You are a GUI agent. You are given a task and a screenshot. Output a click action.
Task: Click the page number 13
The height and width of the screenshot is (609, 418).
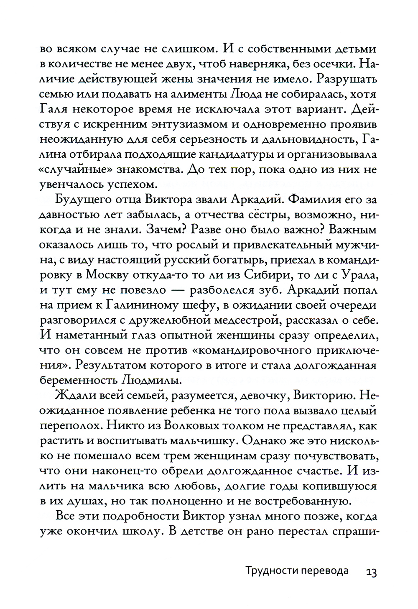click(x=371, y=572)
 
